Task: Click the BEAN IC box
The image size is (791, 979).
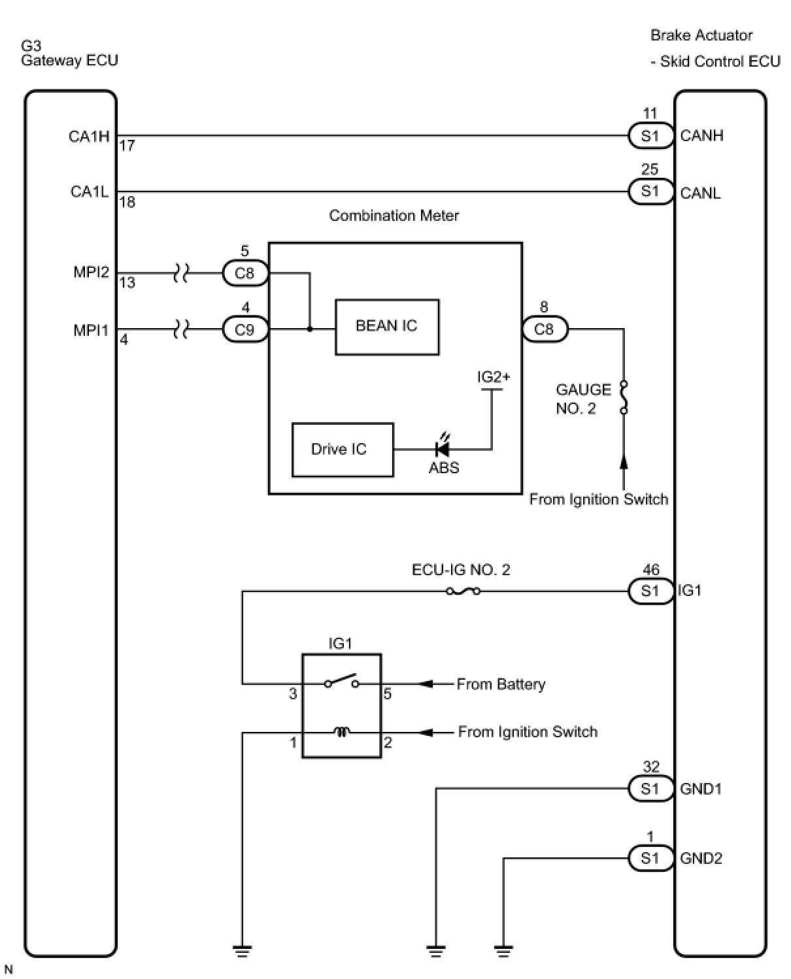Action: click(386, 327)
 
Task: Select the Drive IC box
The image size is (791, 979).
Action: click(343, 450)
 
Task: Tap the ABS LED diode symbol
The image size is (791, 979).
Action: click(442, 448)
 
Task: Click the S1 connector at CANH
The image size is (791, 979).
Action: click(650, 136)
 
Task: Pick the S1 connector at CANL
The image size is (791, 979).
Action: click(650, 191)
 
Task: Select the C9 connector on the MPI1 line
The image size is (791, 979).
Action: click(244, 329)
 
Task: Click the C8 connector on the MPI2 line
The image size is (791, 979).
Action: click(244, 273)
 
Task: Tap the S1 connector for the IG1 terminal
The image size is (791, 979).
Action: click(650, 591)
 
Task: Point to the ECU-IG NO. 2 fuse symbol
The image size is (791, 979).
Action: click(463, 591)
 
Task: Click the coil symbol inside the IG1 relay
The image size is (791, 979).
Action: click(341, 732)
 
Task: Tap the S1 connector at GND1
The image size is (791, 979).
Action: click(650, 789)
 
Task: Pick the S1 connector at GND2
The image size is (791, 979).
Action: click(650, 858)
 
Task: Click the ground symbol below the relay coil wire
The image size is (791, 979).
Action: click(243, 951)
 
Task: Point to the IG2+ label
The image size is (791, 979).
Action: click(493, 377)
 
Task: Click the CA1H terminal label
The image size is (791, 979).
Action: click(89, 137)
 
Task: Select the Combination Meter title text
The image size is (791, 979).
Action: click(394, 216)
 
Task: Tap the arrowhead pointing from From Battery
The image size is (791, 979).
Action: click(426, 684)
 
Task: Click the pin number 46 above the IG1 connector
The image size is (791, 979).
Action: click(650, 570)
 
